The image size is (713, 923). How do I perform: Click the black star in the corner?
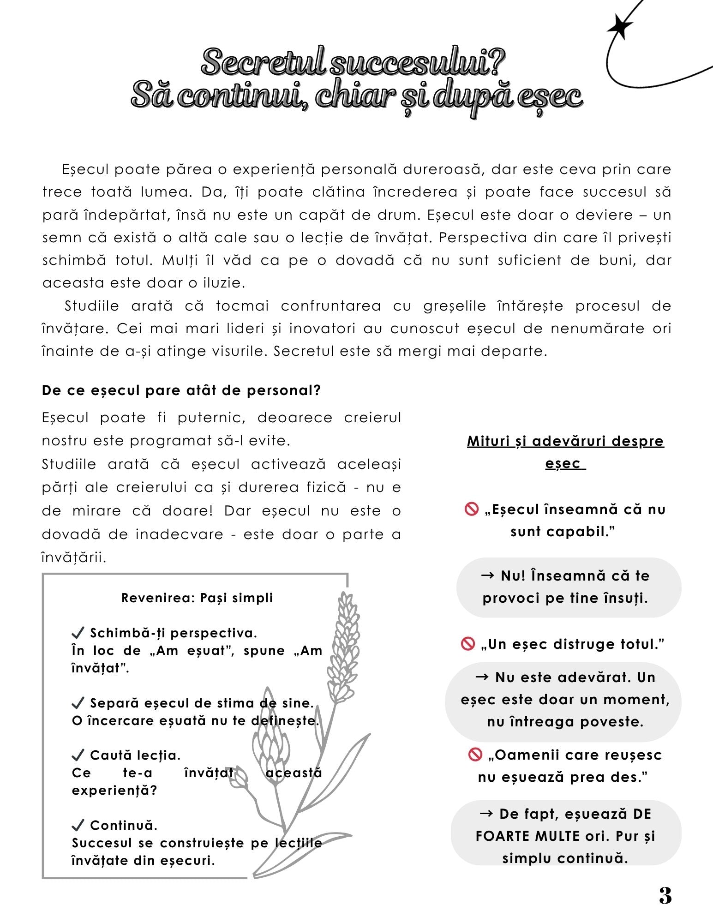[620, 27]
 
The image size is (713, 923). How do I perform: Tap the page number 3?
[665, 896]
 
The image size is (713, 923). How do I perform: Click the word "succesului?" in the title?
[418, 62]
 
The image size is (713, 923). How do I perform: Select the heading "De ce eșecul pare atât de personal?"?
[181, 390]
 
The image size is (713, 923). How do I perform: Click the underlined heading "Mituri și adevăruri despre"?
[565, 441]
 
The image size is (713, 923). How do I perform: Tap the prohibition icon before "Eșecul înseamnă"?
[472, 509]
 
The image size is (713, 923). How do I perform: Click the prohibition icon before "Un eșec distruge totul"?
[468, 644]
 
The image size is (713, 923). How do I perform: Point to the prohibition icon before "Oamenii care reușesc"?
[475, 755]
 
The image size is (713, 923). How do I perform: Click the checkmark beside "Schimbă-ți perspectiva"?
[78, 632]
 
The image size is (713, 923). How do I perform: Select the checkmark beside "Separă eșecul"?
[78, 703]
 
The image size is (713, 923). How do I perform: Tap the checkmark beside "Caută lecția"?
[78, 755]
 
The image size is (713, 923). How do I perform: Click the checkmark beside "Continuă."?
[78, 825]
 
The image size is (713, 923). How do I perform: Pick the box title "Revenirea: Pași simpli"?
[197, 598]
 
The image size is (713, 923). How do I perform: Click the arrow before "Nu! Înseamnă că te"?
[488, 575]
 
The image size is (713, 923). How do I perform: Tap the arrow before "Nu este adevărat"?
[482, 677]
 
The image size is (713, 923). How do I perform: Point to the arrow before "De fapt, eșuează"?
[487, 814]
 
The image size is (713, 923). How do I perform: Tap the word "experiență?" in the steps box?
[114, 791]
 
